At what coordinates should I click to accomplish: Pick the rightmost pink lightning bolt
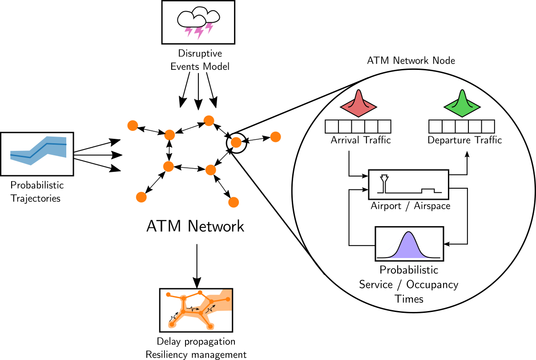click(209, 28)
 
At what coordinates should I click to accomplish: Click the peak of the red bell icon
click(358, 91)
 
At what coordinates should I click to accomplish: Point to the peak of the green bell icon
click(462, 91)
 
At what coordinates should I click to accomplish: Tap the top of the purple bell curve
click(408, 233)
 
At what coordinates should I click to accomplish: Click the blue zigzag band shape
click(39, 150)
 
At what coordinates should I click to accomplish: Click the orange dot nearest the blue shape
click(133, 125)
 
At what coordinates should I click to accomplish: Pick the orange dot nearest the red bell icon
click(275, 137)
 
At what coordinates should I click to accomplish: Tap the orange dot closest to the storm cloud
click(209, 121)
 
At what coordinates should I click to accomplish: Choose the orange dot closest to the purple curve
click(234, 202)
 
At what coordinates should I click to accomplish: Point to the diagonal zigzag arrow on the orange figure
click(211, 308)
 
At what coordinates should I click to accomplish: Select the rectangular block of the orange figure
click(222, 301)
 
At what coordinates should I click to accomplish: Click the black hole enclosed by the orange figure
click(193, 300)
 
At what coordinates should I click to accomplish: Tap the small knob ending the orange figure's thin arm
click(168, 294)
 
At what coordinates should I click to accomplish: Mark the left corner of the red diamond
click(342, 107)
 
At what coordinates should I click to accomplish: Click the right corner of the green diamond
click(479, 107)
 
